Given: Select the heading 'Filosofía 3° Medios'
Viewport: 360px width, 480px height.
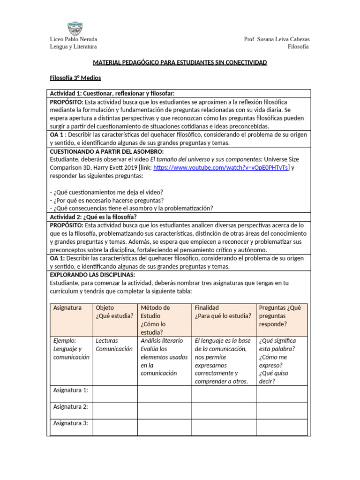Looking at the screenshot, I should tap(75, 78).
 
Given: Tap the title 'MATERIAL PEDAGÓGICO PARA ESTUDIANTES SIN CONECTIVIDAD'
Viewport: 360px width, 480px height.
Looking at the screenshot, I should tap(180, 62).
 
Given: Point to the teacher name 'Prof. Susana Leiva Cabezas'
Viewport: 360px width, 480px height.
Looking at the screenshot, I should tap(277, 39).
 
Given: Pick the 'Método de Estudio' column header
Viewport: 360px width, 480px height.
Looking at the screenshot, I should tap(165, 320).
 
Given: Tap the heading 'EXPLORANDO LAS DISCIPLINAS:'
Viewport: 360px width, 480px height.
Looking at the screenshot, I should tap(92, 274).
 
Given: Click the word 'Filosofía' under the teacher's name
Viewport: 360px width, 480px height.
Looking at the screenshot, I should tap(298, 47).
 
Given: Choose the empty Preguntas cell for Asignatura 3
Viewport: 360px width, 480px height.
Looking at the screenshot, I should tap(282, 427).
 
